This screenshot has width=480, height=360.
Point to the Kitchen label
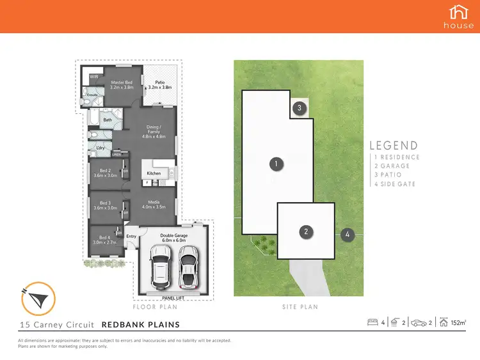tap(154, 173)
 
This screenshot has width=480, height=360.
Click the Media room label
tap(157, 204)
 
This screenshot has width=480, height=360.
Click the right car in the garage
tap(186, 265)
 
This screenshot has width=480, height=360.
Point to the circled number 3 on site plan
tap(299, 108)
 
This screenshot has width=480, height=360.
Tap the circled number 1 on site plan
tap(275, 164)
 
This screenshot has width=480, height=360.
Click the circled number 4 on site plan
tap(348, 235)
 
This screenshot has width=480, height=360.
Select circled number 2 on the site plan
tap(307, 231)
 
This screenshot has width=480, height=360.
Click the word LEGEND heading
tap(394, 146)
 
